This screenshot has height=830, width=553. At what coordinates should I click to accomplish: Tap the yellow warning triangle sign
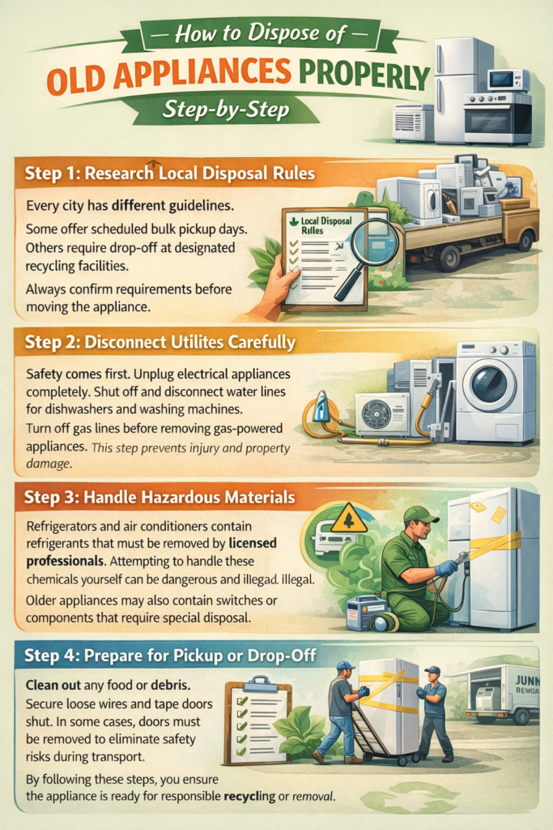click(x=349, y=519)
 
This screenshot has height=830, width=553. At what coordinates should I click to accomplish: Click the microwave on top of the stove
click(x=508, y=80)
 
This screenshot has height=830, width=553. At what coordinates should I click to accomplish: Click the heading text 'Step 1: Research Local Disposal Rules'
click(x=170, y=173)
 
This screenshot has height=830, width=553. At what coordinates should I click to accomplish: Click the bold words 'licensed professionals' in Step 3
click(x=151, y=551)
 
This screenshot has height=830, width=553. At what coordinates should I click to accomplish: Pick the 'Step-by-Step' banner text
click(x=226, y=109)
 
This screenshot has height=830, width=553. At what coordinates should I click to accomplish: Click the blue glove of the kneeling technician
click(x=447, y=568)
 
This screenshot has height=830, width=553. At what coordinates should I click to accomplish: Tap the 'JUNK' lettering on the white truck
click(x=527, y=679)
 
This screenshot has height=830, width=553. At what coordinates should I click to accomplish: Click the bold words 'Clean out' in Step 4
click(x=53, y=684)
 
